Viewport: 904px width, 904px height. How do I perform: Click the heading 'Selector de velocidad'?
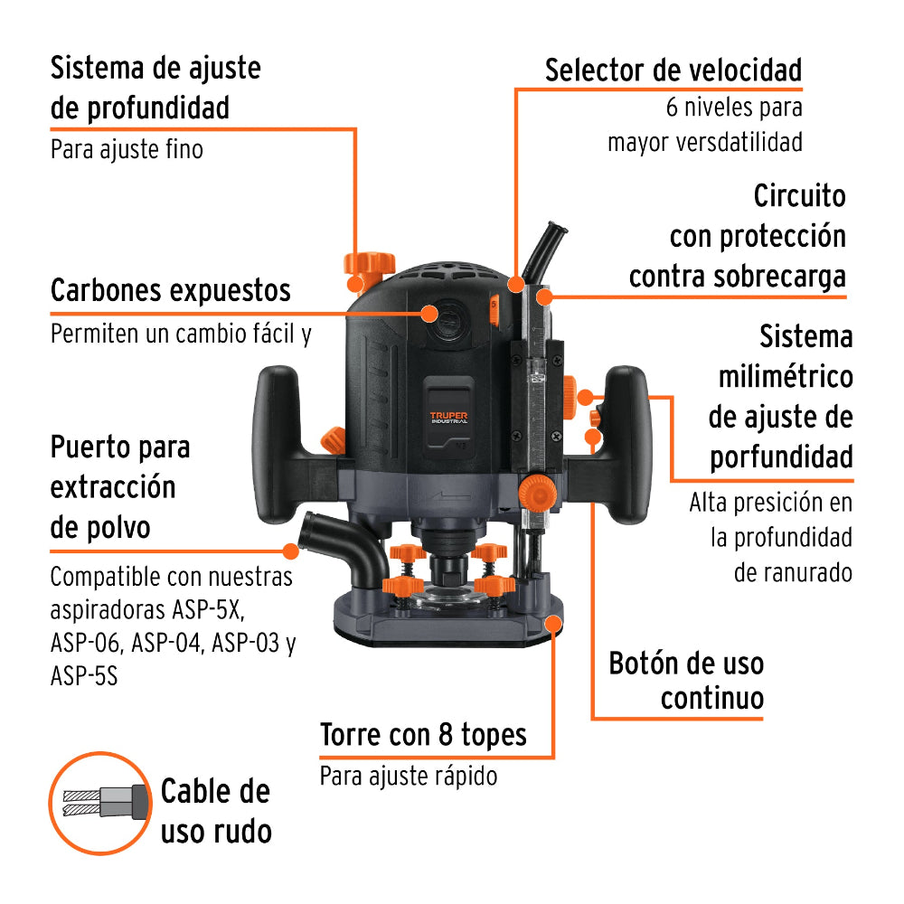point(673,71)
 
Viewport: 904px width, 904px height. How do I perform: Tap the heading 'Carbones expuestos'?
point(171,291)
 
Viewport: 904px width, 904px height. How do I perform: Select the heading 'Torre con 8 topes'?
point(423,734)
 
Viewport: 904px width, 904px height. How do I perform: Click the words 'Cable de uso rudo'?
point(215,811)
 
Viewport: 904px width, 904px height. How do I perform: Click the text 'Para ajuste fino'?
point(127,148)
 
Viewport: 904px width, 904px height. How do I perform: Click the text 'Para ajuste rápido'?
point(409,776)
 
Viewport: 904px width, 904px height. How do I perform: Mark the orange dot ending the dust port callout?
point(291,550)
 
